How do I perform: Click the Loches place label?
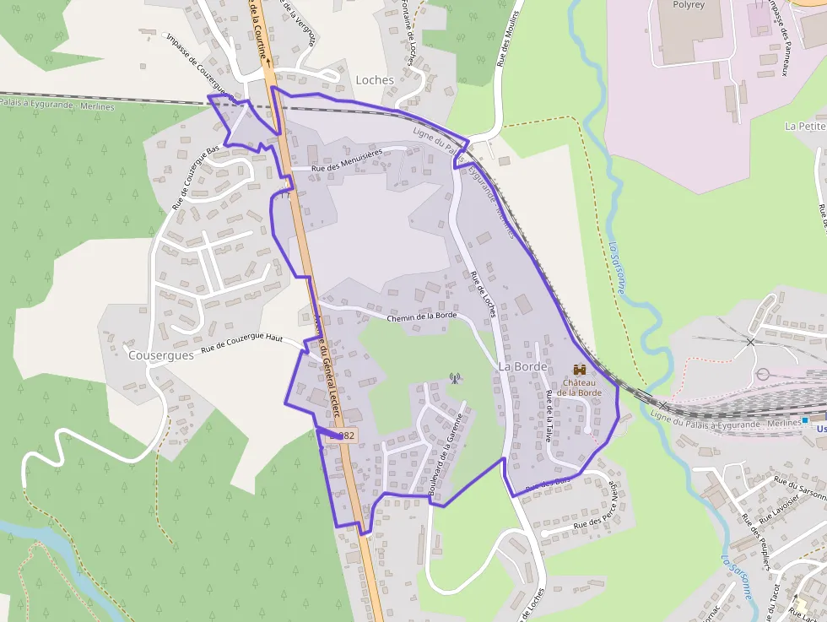click(x=375, y=79)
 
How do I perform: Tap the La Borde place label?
click(x=522, y=367)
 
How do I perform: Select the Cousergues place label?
click(x=160, y=355)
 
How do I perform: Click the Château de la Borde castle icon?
click(x=580, y=370)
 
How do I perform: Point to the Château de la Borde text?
click(x=579, y=387)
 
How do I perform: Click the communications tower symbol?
click(x=455, y=377)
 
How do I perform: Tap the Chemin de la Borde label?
click(x=421, y=316)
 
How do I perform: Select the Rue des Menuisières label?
click(x=347, y=160)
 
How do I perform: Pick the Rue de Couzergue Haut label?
click(x=241, y=343)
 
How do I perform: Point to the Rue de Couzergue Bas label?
click(x=196, y=177)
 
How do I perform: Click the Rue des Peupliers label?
click(x=757, y=549)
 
